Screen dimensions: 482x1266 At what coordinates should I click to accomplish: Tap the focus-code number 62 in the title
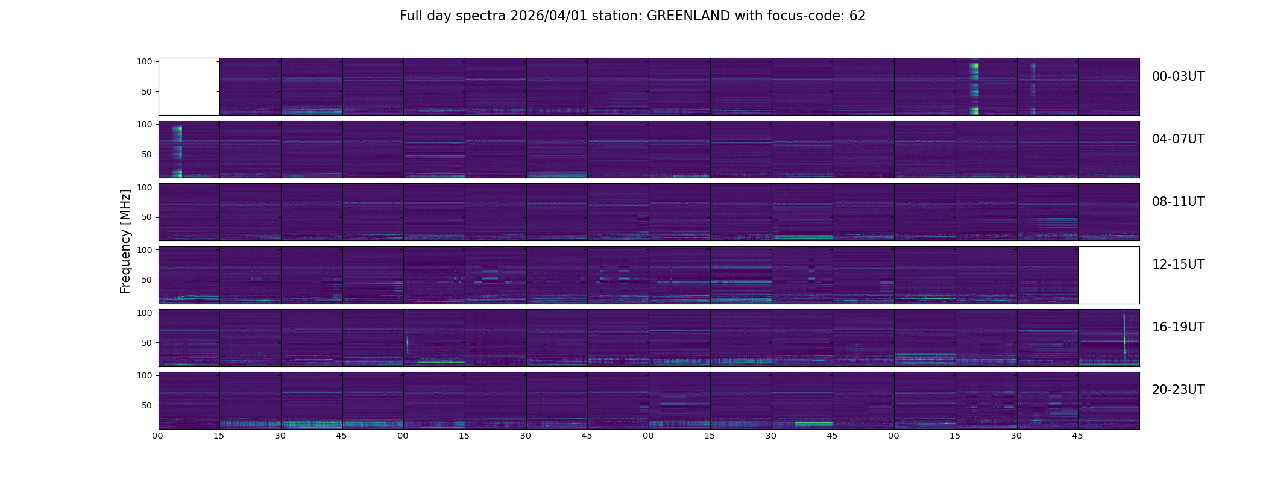[857, 16]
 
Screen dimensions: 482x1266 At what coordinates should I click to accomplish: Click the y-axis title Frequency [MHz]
[125, 241]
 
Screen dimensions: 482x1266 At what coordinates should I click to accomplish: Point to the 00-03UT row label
[1178, 77]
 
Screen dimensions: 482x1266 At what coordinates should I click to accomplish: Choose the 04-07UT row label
[1178, 139]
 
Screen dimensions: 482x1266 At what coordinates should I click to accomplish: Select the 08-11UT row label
[1178, 202]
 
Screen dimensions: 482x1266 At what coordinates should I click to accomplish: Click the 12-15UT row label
[1178, 264]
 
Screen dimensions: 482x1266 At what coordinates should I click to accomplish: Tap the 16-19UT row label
[1178, 327]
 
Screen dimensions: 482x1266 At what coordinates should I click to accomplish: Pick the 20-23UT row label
[1178, 390]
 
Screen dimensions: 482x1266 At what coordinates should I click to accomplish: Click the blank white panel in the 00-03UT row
[189, 87]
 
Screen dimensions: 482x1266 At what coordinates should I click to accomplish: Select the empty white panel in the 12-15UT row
[1108, 275]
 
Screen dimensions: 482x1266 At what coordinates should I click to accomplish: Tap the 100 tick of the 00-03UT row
[144, 61]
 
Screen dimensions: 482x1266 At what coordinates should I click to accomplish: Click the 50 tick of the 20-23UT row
[146, 405]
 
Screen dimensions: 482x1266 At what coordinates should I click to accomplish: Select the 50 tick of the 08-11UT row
[146, 217]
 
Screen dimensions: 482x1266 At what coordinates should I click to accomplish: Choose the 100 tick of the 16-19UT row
[144, 313]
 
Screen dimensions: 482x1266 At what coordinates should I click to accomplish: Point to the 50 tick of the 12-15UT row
[146, 280]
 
